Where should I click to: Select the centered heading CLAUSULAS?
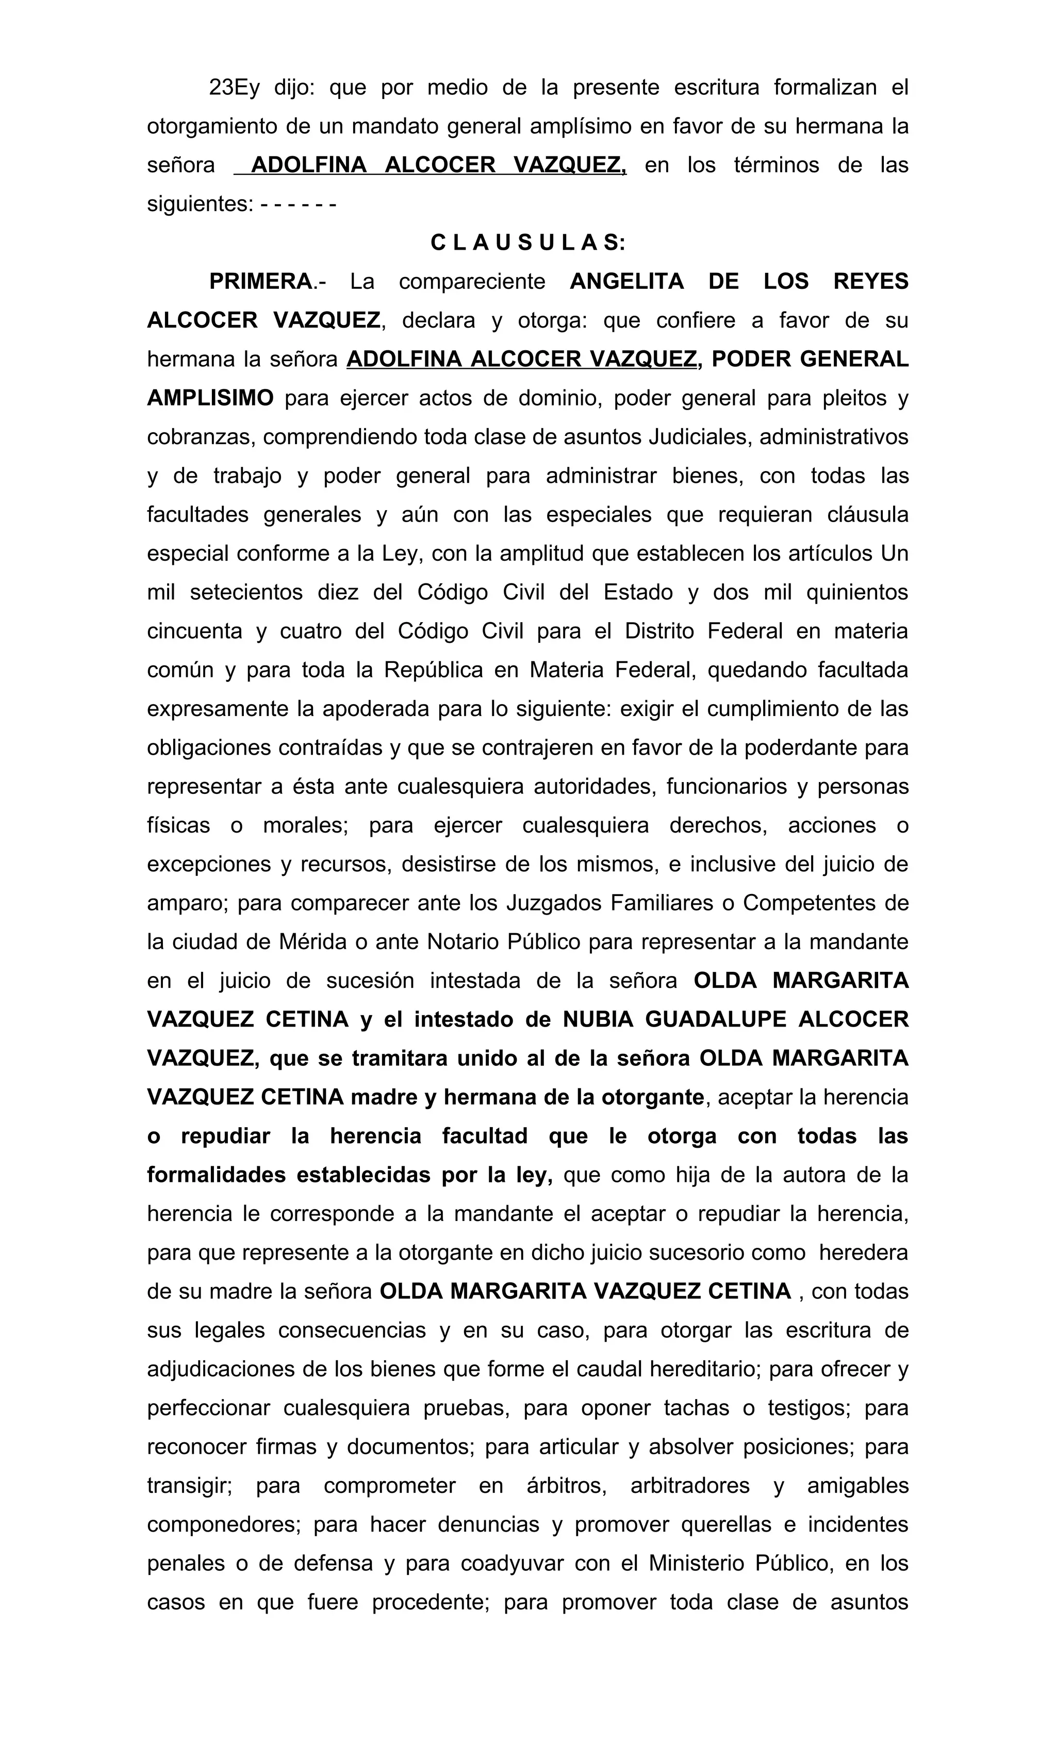pos(528,243)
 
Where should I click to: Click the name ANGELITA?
pos(626,282)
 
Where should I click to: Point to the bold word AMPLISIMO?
pos(210,398)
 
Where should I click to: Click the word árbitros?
pos(567,1486)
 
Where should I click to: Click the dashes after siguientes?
pos(298,205)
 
